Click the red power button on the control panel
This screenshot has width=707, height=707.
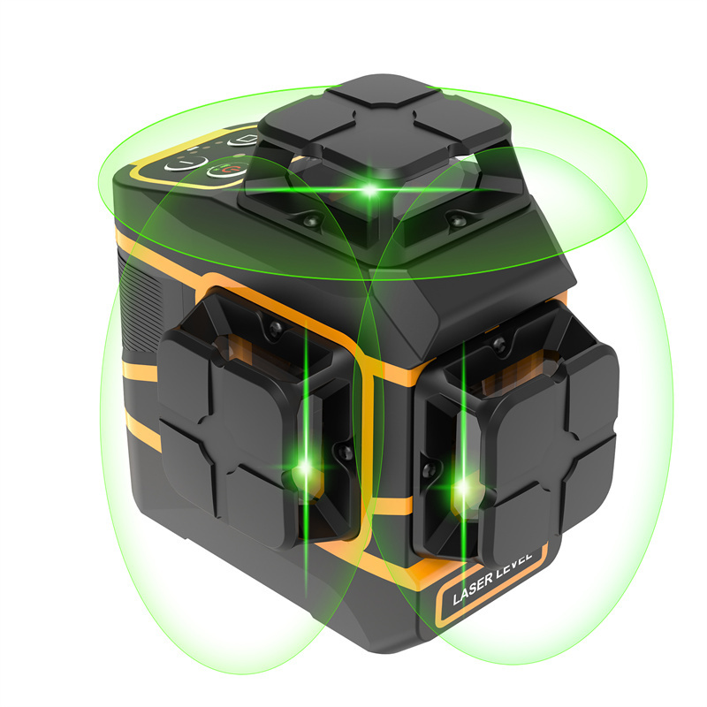click(x=227, y=171)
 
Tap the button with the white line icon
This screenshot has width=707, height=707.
click(x=186, y=163)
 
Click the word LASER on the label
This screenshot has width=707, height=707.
click(x=473, y=589)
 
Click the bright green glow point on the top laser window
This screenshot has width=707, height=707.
click(x=369, y=189)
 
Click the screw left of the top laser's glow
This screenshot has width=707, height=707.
click(x=311, y=220)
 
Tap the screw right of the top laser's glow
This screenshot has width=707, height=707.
click(x=454, y=219)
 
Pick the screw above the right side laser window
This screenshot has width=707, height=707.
click(x=498, y=345)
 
